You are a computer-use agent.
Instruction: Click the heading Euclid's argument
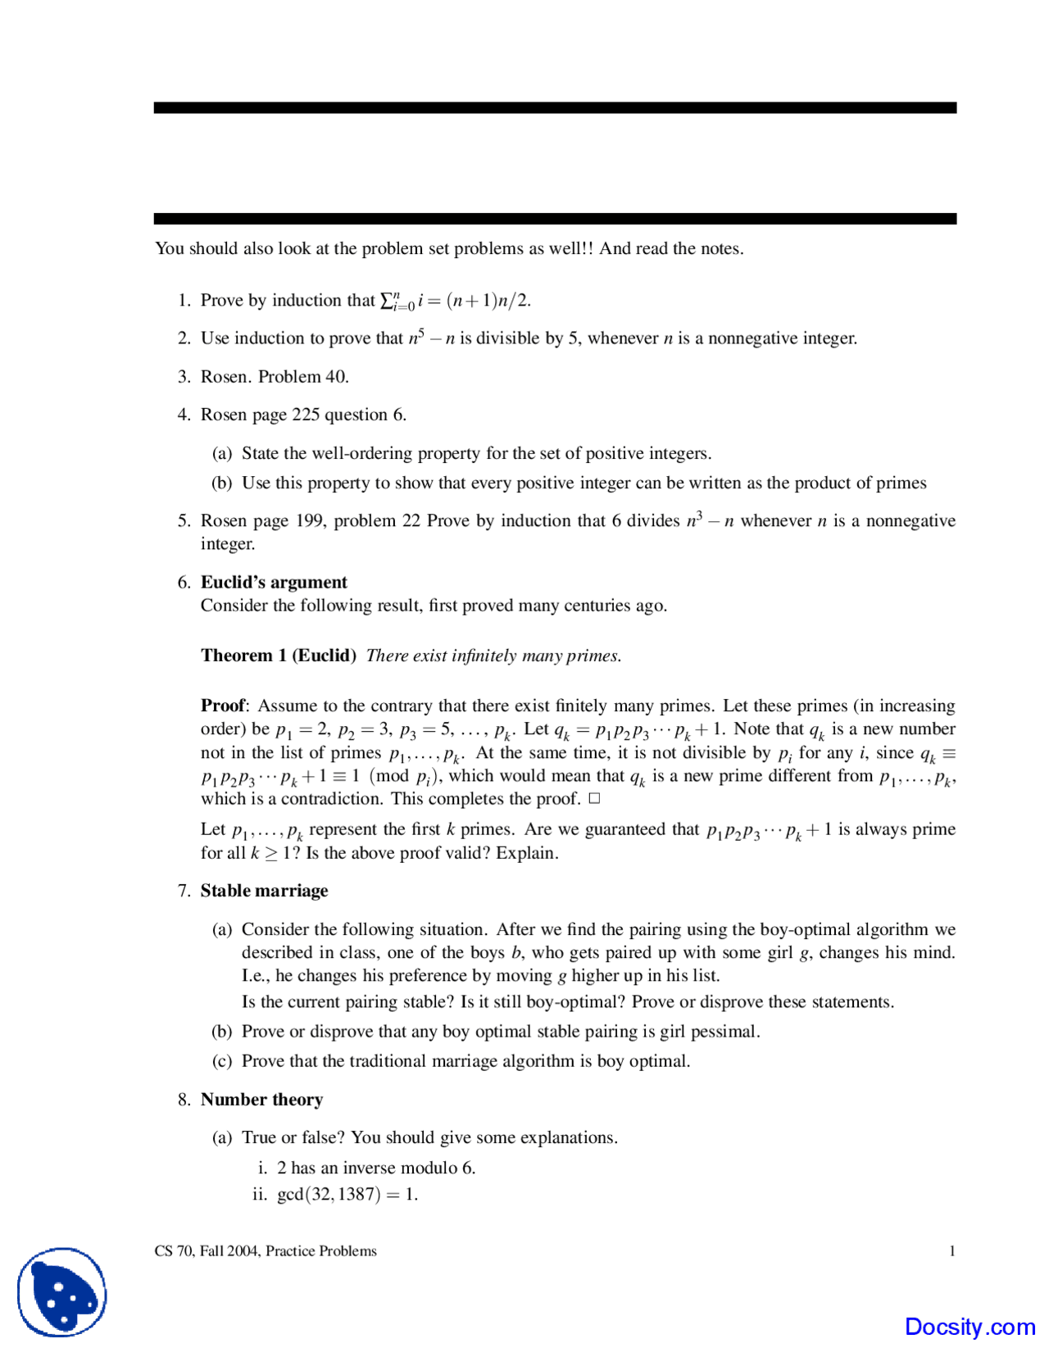(x=274, y=582)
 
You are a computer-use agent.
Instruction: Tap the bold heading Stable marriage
(x=264, y=891)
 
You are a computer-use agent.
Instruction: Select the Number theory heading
(x=261, y=1100)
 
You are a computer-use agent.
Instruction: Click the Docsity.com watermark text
(x=970, y=1327)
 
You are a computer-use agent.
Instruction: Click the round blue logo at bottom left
(x=62, y=1292)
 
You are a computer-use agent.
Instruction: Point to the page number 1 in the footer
(x=952, y=1251)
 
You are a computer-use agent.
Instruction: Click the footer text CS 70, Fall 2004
(x=207, y=1251)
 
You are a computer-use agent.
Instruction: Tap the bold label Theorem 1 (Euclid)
(x=279, y=656)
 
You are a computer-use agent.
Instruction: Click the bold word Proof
(x=223, y=706)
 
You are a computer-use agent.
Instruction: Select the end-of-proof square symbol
(x=594, y=798)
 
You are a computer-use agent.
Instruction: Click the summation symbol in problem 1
(x=388, y=301)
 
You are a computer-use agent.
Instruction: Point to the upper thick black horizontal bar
(x=555, y=107)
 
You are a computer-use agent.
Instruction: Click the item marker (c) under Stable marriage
(x=221, y=1061)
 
